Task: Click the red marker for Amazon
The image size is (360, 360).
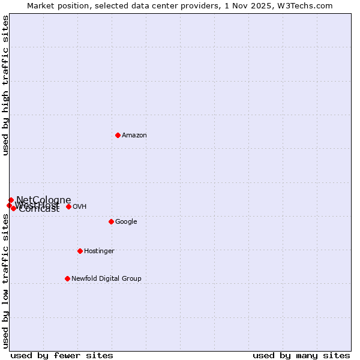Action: point(118,135)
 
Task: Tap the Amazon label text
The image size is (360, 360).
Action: point(134,136)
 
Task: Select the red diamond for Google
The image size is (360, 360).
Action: point(111,221)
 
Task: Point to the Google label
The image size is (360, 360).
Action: point(126,222)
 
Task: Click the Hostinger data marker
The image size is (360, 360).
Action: point(80,251)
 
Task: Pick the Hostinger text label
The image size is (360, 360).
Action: point(99,251)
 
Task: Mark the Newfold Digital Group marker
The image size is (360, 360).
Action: point(67,278)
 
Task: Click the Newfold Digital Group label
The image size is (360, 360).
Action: point(106,278)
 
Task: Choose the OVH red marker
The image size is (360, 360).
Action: point(68,206)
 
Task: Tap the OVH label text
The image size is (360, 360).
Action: point(79,207)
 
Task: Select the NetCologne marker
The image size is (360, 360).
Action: point(11,200)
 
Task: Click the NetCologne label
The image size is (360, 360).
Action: point(43,200)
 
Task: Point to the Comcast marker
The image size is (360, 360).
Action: point(13,208)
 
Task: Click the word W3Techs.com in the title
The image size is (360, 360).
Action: point(308,6)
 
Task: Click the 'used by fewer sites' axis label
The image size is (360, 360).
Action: point(62,355)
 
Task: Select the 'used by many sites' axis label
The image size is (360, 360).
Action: point(301,355)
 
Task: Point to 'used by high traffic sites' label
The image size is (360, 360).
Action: point(5,85)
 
